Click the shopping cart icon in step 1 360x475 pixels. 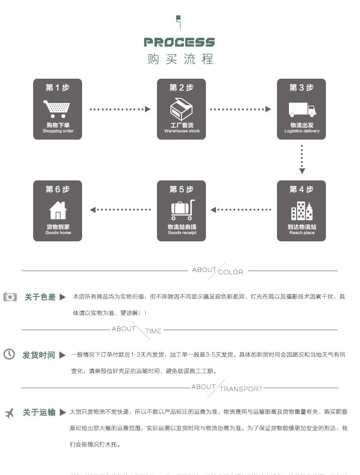click(x=57, y=109)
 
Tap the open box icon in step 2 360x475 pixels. click(x=181, y=109)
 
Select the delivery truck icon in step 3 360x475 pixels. click(x=302, y=110)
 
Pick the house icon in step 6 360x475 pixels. click(x=58, y=210)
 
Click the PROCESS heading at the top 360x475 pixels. click(x=180, y=42)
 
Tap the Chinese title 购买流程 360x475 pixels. click(x=180, y=59)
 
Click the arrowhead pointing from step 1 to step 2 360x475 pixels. click(x=148, y=109)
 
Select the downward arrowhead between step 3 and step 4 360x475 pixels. click(x=302, y=171)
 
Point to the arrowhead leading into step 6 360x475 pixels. click(x=93, y=210)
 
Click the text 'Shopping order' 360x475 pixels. click(x=58, y=131)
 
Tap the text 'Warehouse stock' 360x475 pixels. click(x=182, y=131)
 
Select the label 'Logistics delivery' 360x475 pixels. click(x=301, y=131)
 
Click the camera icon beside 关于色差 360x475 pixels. click(x=10, y=297)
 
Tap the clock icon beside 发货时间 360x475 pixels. click(x=9, y=355)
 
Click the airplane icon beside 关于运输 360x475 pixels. click(x=9, y=413)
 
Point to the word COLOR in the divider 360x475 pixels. click(x=231, y=272)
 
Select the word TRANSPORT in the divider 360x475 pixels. click(x=241, y=389)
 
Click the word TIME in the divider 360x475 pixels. click(x=153, y=331)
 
